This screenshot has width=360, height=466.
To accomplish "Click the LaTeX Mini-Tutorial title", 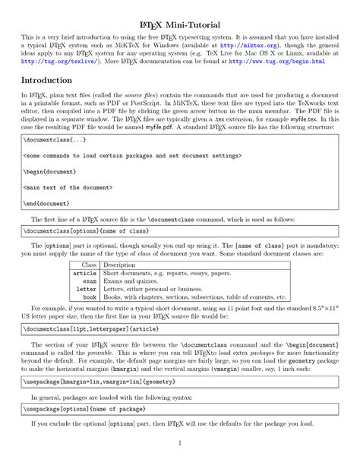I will coord(179,17).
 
